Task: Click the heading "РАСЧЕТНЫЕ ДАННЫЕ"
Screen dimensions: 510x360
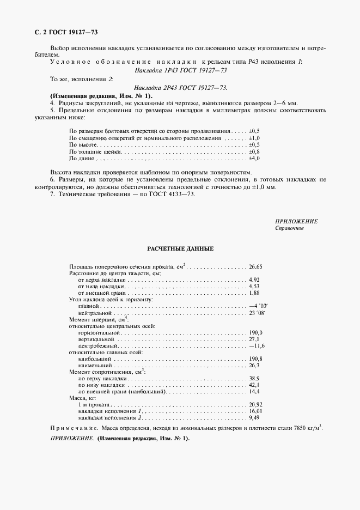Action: pos(180,248)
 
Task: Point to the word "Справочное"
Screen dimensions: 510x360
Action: pos(289,228)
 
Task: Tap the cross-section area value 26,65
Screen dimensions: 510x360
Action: pos(255,267)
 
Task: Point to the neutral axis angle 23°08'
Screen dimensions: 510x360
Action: pos(257,313)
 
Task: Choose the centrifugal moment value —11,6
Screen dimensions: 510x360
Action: pos(257,346)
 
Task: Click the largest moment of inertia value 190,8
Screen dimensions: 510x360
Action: pos(255,359)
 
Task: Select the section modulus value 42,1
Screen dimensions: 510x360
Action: pos(254,385)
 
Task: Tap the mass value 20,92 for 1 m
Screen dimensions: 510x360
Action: pos(255,405)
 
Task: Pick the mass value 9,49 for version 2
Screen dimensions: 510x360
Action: pos(254,418)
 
